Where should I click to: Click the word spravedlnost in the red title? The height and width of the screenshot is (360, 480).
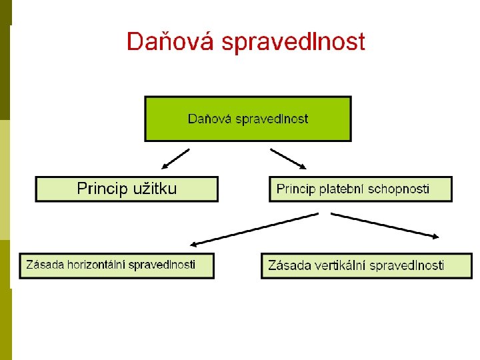pyautogui.click(x=293, y=43)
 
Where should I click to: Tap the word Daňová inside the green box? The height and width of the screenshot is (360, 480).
pyautogui.click(x=210, y=119)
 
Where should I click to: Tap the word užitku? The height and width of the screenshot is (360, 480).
pyautogui.click(x=153, y=189)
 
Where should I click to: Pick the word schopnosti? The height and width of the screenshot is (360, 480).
pyautogui.click(x=402, y=189)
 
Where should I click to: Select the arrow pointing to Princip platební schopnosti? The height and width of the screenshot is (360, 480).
pyautogui.click(x=288, y=159)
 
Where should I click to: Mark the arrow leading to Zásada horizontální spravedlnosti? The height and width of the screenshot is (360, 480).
pyautogui.click(x=254, y=229)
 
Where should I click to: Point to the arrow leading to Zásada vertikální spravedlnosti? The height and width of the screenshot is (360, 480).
pyautogui.click(x=385, y=225)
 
